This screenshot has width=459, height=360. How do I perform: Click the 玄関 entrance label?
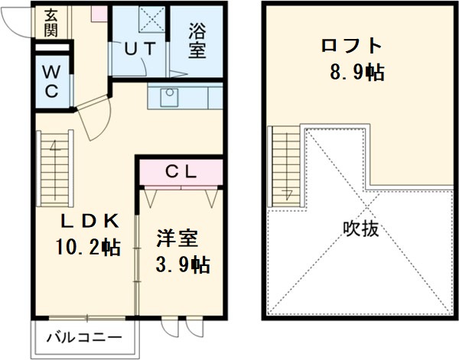click(x=51, y=22)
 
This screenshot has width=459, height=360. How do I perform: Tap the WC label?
click(x=51, y=81)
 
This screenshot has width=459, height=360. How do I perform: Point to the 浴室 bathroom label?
click(x=197, y=42)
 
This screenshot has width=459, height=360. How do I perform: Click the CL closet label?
click(x=181, y=171)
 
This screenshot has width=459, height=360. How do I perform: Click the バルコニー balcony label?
click(x=84, y=337)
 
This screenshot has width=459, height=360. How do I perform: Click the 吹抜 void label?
click(x=360, y=229)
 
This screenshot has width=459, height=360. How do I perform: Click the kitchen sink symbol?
click(x=169, y=97)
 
